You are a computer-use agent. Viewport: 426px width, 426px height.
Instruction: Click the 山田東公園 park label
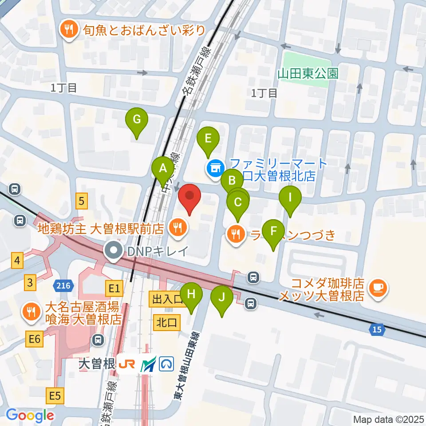(x=308, y=73)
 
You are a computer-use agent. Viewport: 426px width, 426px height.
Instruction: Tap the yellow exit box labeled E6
(x=35, y=339)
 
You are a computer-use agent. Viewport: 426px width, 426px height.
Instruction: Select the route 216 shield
(x=63, y=286)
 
